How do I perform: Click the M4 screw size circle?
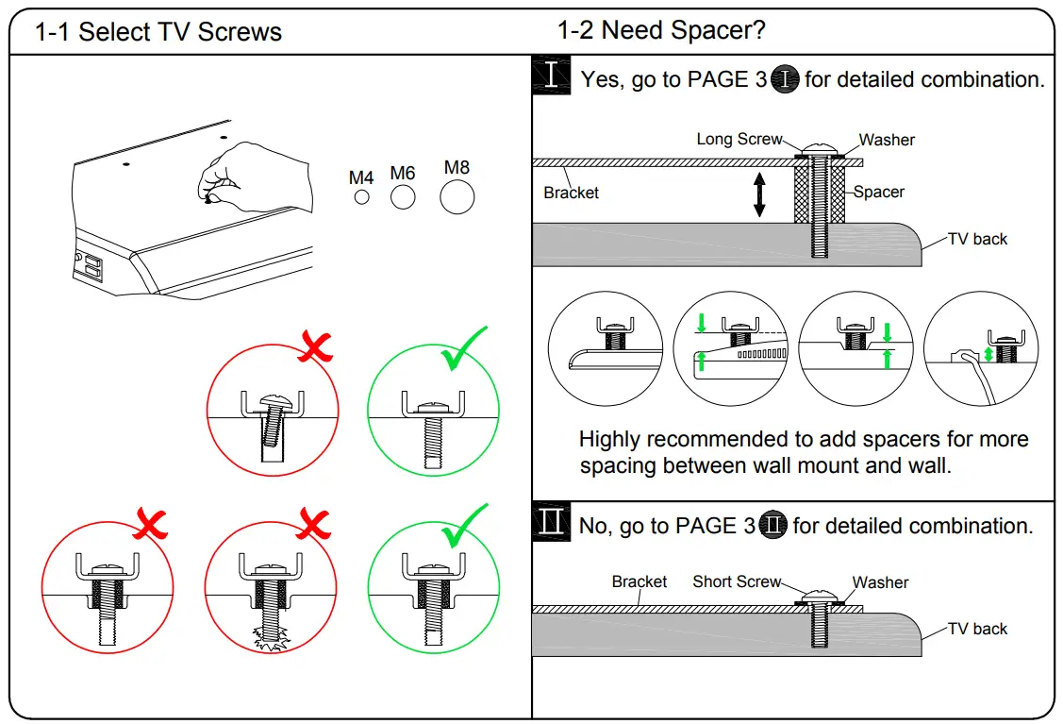361,196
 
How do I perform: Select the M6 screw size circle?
403,196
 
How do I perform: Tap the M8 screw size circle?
457,197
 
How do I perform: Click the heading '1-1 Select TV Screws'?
158,32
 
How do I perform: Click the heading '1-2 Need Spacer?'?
661,30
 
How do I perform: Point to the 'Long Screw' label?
739,139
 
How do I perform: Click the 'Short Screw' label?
737,581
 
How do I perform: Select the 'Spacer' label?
879,192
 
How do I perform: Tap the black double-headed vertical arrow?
759,196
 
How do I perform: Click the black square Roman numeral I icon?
551,76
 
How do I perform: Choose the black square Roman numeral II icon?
551,522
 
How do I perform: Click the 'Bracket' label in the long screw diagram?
571,193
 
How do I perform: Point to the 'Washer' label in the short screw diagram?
880,582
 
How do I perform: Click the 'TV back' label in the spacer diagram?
977,239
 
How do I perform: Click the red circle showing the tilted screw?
273,412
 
